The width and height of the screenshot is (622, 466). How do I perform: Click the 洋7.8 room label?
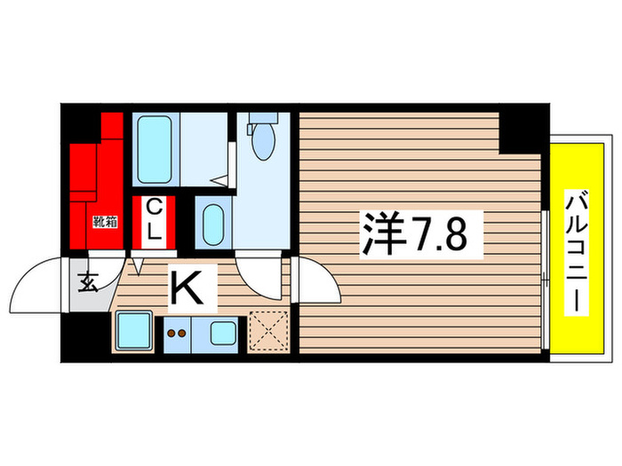(x=421, y=234)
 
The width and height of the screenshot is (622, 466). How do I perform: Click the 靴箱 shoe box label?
(x=103, y=223)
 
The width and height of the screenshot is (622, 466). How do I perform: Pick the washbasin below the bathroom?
(x=213, y=225)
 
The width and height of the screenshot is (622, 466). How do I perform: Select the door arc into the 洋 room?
(x=318, y=282)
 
